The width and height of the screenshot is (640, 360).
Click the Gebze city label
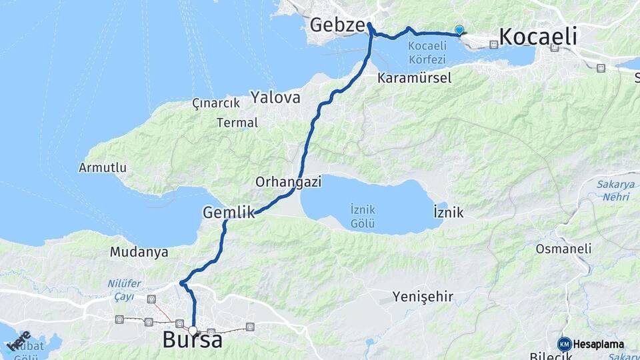pyautogui.click(x=337, y=26)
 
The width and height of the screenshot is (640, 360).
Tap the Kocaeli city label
pyautogui.click(x=537, y=37)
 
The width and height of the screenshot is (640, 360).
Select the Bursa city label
pyautogui.click(x=192, y=341)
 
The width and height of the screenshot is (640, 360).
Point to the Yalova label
pyautogui.click(x=275, y=98)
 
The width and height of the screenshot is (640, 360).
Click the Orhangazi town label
pyautogui.click(x=289, y=181)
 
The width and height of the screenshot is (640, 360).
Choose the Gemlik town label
pyautogui.click(x=229, y=213)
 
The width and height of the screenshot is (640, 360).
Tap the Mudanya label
pyautogui.click(x=139, y=253)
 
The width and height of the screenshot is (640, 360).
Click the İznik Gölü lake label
pyautogui.click(x=362, y=216)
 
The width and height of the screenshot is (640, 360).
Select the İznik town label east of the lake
pyautogui.click(x=448, y=213)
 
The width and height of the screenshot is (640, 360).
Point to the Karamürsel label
pyautogui.click(x=414, y=78)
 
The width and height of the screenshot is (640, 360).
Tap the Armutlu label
pyautogui.click(x=103, y=167)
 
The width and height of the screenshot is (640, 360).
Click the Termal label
pyautogui.click(x=237, y=123)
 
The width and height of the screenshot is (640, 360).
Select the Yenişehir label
pyautogui.click(x=423, y=296)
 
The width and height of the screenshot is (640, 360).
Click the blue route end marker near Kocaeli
pyautogui.click(x=459, y=29)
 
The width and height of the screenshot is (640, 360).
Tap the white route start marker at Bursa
pyautogui.click(x=193, y=331)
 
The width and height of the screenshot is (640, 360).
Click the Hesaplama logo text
pyautogui.click(x=598, y=344)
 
